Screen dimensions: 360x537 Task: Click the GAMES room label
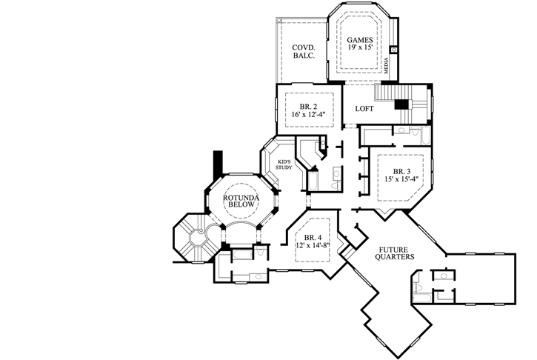tap(359, 37)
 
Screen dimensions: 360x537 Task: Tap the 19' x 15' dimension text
tap(359, 47)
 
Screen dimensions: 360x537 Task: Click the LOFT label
tap(364, 109)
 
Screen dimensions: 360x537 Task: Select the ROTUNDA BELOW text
tap(239, 201)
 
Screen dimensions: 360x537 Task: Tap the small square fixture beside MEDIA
tap(394, 50)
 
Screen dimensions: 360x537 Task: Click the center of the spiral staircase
tap(197, 238)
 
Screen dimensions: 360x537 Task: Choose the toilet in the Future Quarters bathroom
tap(420, 287)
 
